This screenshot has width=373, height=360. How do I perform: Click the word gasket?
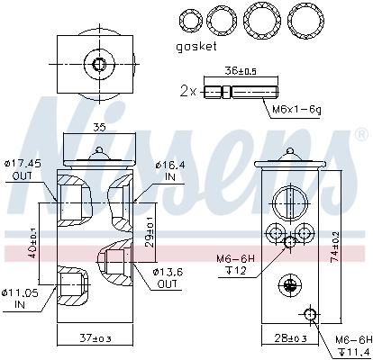click(x=197, y=47)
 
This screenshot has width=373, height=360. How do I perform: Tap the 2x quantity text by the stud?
click(x=186, y=91)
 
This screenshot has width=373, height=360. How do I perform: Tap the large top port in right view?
click(x=287, y=200)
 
